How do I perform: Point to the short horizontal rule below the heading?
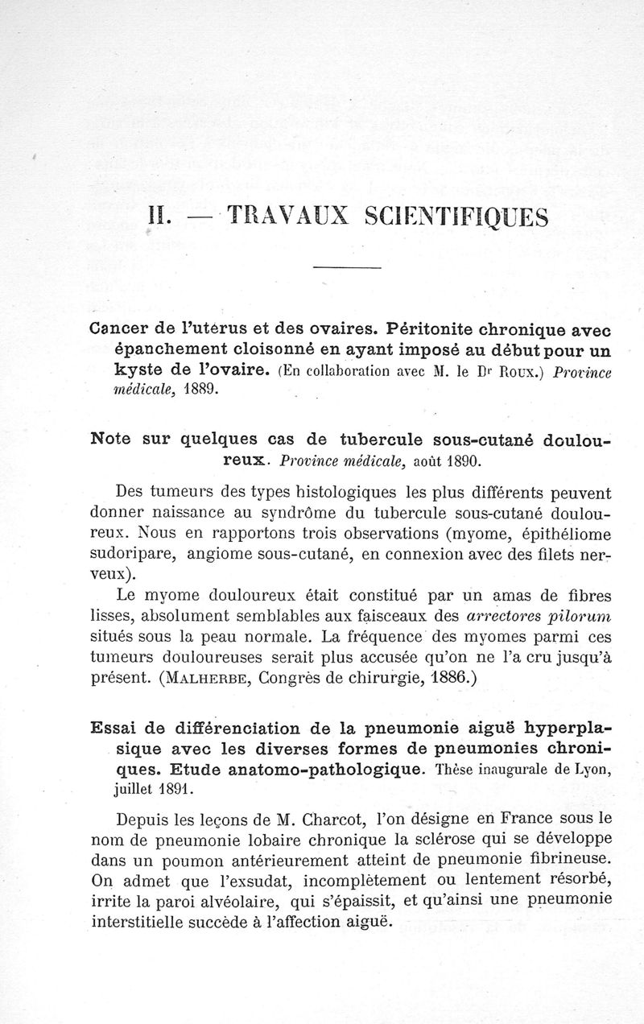346,267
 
